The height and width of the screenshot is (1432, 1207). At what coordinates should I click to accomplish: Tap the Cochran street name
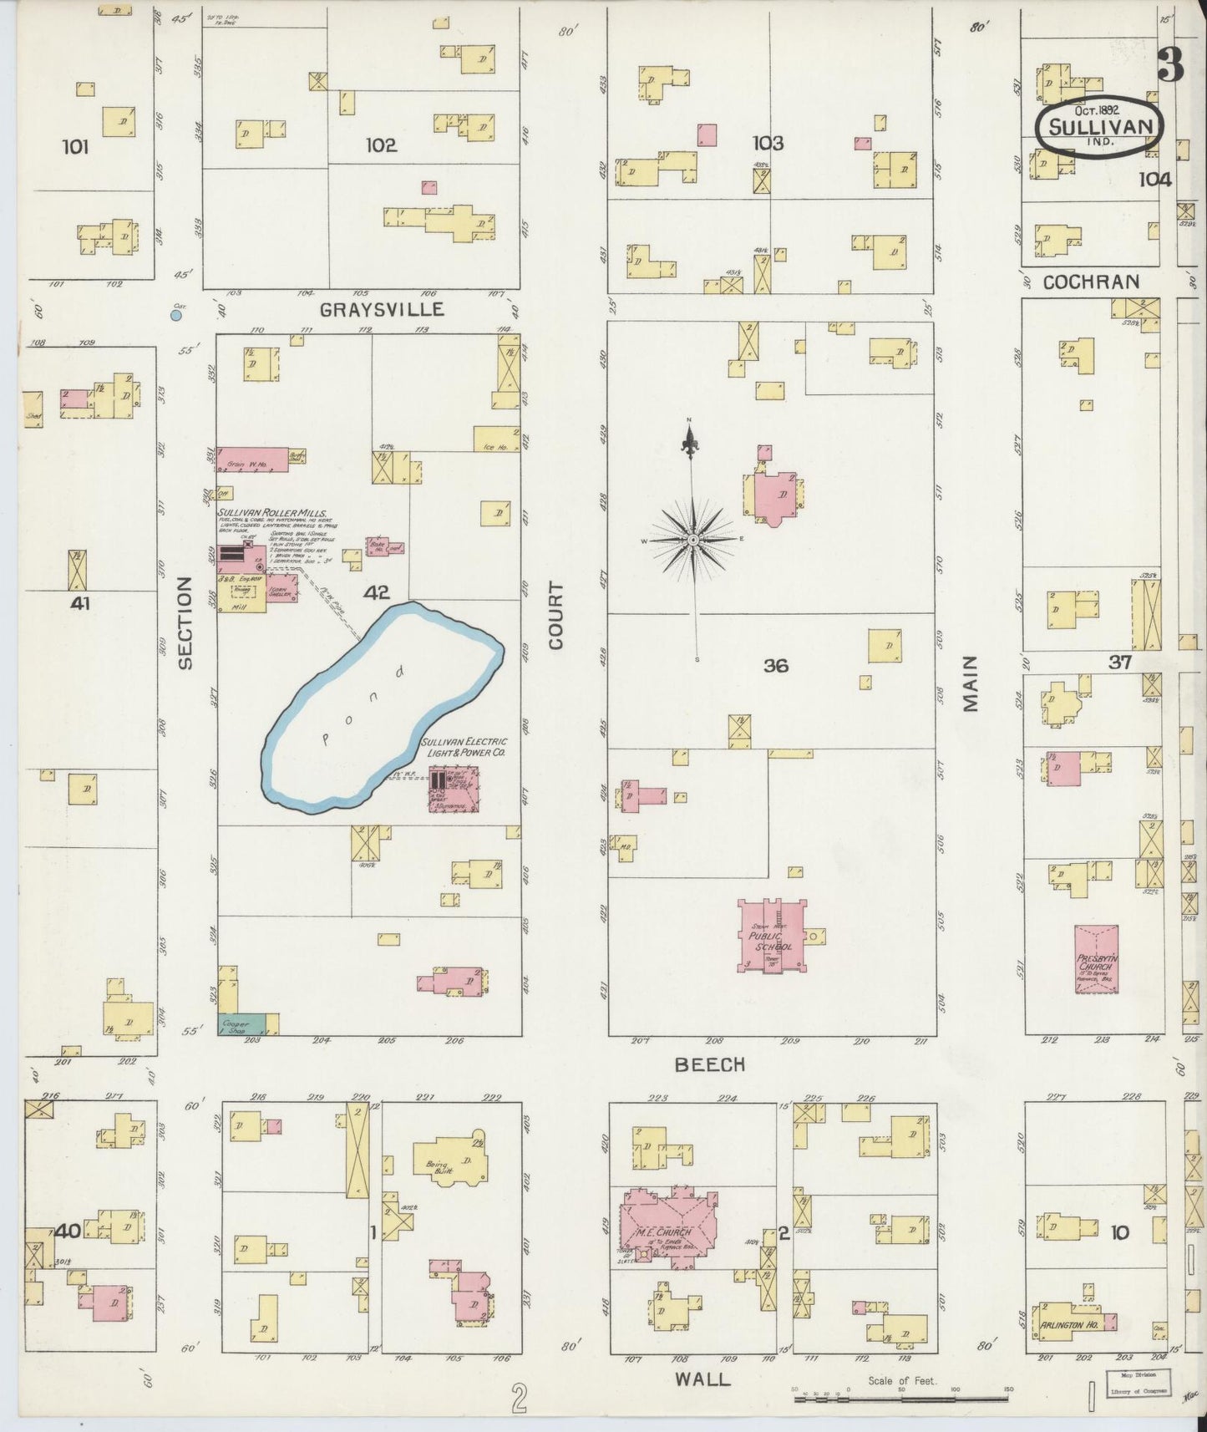click(1090, 282)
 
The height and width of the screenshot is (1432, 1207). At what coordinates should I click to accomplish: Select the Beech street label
click(709, 1064)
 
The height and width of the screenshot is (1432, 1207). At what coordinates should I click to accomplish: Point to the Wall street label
click(702, 1379)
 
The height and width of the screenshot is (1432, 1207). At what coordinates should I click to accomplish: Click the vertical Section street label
click(185, 622)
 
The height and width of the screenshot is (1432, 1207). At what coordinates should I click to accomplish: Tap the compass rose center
click(692, 541)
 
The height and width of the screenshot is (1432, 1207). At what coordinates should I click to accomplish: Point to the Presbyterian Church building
click(1097, 958)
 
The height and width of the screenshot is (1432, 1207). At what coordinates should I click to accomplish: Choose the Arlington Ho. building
click(1073, 1324)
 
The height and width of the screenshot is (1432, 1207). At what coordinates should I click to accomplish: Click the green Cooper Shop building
click(241, 1024)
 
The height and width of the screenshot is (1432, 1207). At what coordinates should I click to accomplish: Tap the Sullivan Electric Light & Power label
click(464, 747)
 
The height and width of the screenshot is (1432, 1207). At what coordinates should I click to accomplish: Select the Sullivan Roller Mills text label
click(272, 513)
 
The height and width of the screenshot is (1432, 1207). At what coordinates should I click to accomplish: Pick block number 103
click(767, 144)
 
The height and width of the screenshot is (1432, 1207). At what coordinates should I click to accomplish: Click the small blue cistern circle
click(176, 315)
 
